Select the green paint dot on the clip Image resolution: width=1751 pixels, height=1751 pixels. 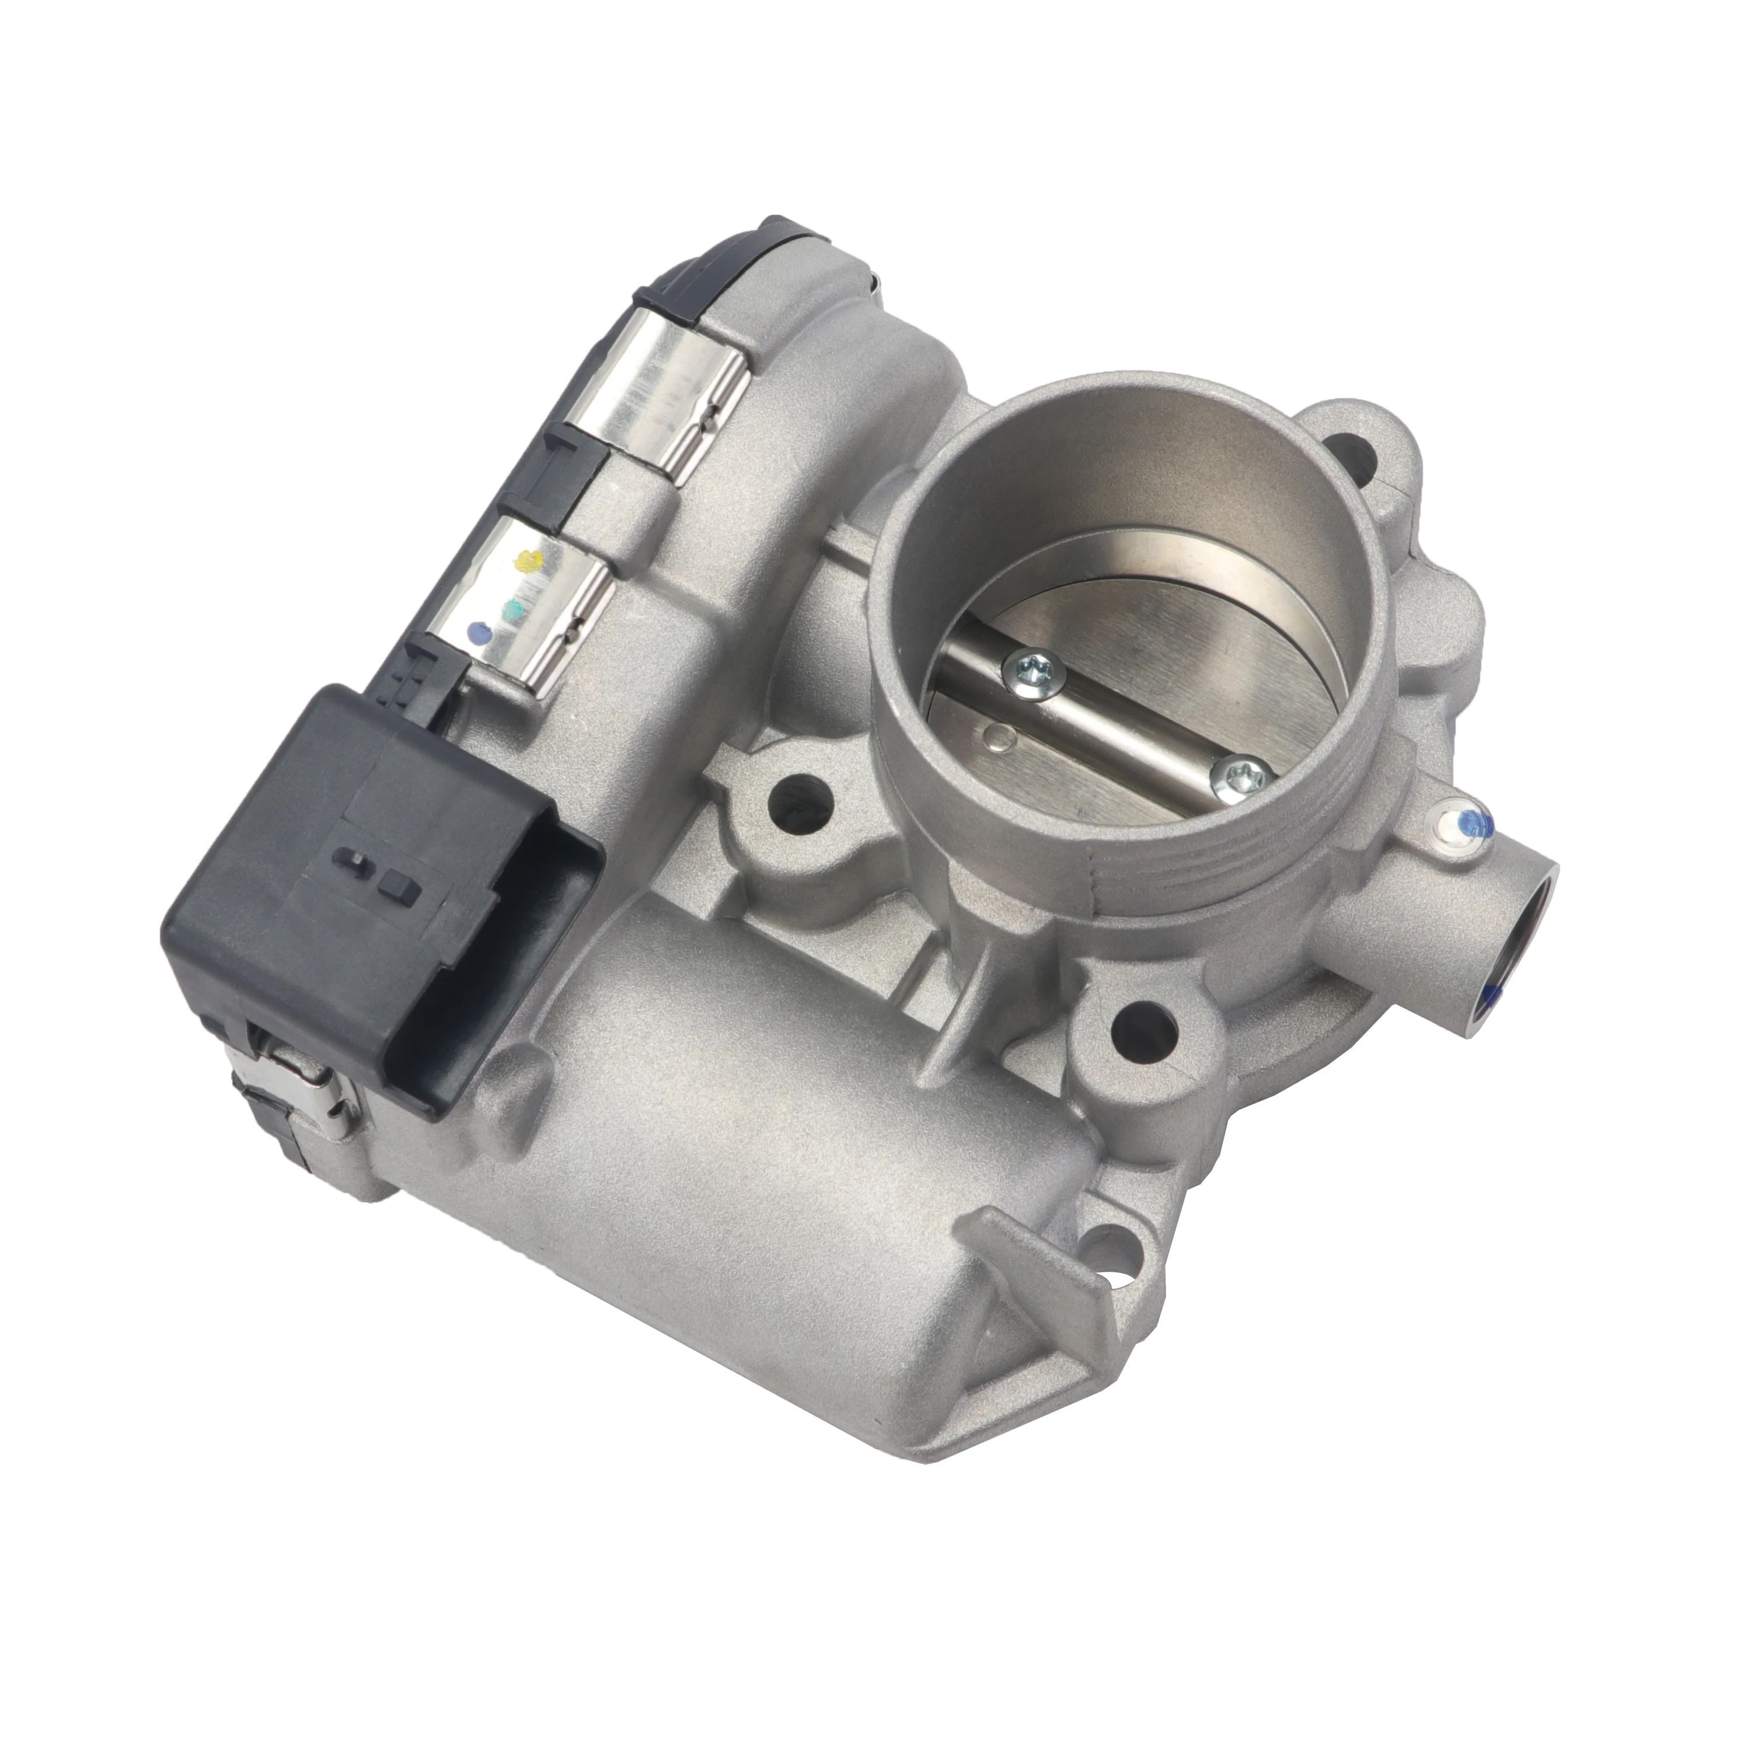click(513, 605)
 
